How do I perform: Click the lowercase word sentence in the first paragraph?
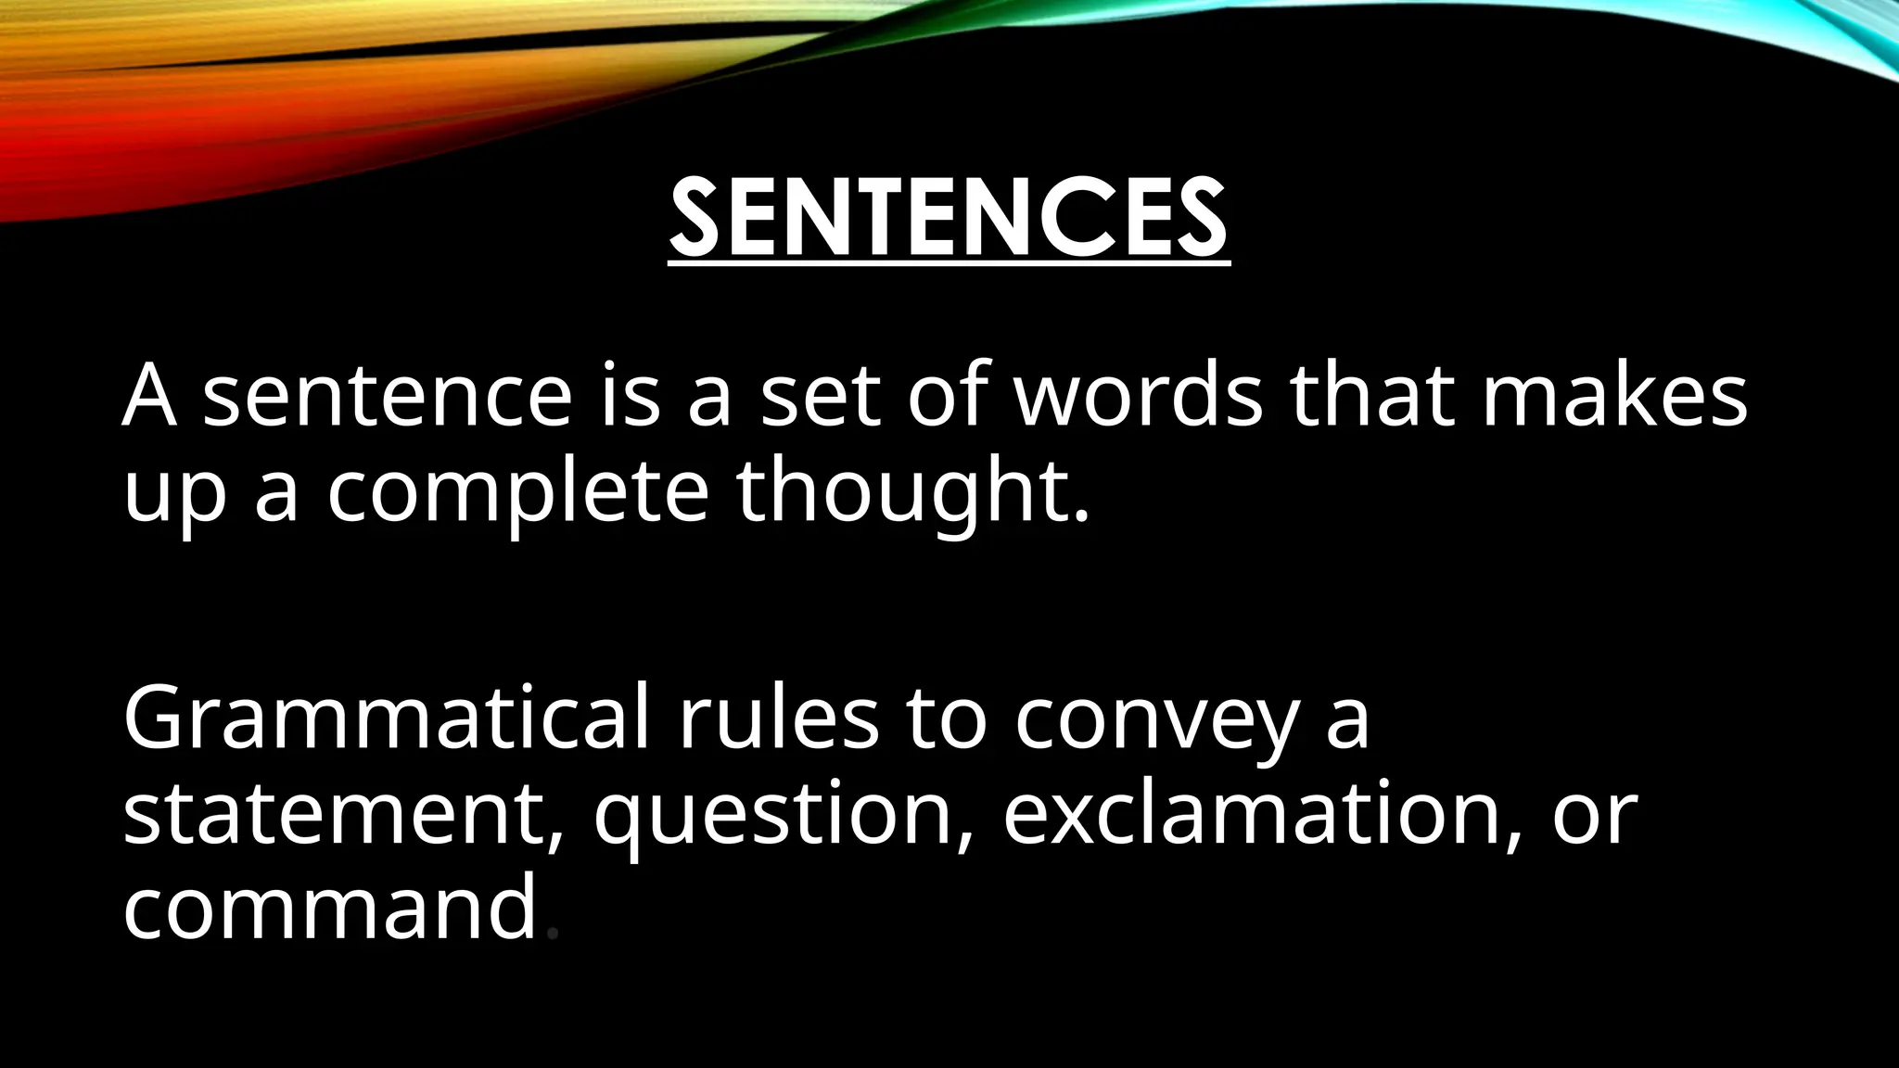[x=388, y=397]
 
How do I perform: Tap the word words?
[x=1138, y=397]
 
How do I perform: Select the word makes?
[x=1613, y=397]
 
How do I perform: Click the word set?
[x=820, y=397]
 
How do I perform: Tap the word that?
[x=1373, y=397]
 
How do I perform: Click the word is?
[x=630, y=397]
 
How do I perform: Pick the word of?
[x=946, y=397]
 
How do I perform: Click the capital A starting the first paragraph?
[x=149, y=397]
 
